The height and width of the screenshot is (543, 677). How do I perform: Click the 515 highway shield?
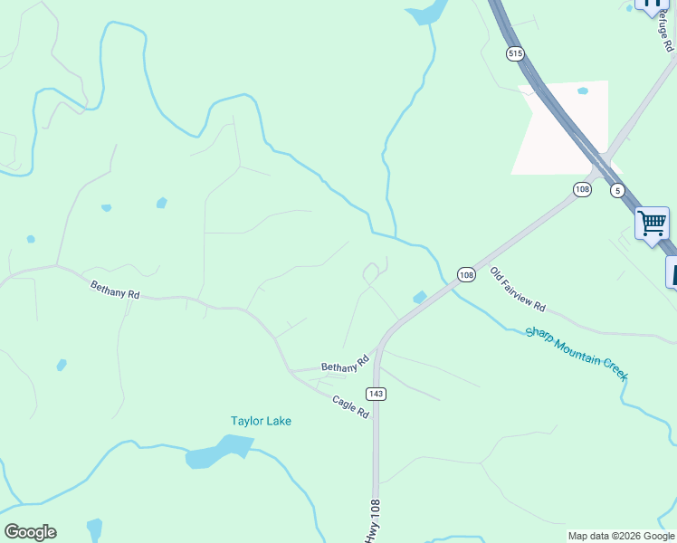point(515,54)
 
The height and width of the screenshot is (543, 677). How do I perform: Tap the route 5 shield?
point(617,190)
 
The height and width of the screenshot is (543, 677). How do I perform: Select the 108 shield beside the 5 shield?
point(582,189)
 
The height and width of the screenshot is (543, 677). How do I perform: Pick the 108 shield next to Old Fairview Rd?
point(466,274)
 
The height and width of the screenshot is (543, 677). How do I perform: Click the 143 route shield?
point(377,394)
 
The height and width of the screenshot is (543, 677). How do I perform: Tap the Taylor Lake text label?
point(261,421)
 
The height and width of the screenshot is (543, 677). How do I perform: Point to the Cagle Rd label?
point(351,406)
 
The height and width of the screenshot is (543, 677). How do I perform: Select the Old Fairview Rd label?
point(518,289)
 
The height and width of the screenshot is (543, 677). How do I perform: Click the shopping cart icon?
point(652,222)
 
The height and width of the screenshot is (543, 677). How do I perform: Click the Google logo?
point(30,532)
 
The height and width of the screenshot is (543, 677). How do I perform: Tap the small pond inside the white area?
point(582,90)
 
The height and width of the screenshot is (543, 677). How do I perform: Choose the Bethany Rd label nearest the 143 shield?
point(347,363)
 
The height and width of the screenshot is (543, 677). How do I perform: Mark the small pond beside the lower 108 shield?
point(420,297)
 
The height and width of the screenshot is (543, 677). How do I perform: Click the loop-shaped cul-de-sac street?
point(371,271)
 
